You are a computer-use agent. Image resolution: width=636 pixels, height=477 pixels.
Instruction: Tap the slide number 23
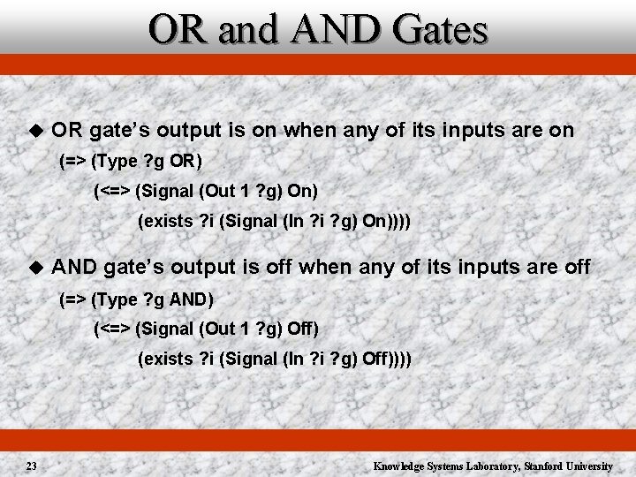click(31, 466)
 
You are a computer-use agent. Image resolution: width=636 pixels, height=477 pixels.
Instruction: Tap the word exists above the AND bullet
click(164, 221)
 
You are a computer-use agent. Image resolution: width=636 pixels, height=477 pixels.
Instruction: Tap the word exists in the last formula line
click(164, 359)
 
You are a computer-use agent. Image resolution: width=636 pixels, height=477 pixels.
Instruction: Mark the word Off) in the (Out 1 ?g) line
click(302, 329)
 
